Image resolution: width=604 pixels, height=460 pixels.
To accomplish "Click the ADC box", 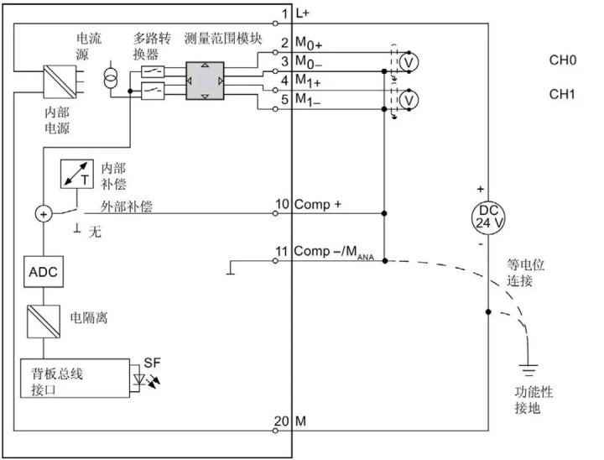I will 40,273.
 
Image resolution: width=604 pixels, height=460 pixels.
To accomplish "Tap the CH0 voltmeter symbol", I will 409,61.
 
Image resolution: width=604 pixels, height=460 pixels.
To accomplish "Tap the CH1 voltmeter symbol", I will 409,99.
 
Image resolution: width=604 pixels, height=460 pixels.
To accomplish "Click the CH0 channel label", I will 562,60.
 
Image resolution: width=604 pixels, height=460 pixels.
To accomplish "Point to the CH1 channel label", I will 562,94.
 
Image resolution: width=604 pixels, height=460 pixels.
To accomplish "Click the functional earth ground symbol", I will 528,366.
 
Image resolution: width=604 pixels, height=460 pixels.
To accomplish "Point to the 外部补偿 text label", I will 126,205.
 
